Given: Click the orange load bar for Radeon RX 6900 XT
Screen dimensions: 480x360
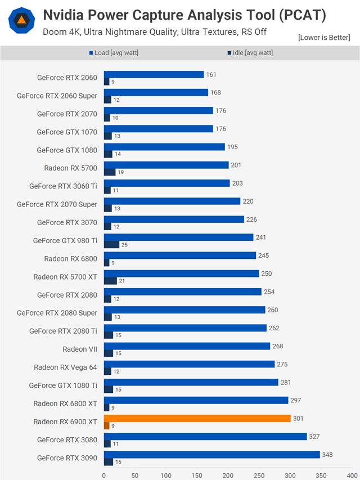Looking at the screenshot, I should (197, 418).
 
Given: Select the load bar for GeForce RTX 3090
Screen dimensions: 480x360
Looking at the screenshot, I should (211, 454).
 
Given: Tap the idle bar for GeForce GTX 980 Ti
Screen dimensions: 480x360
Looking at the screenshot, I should (111, 244).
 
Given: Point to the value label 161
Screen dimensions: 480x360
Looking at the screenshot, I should (211, 74).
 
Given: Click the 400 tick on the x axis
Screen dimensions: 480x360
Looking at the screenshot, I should (352, 474).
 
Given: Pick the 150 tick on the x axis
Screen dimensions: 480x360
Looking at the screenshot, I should (197, 474).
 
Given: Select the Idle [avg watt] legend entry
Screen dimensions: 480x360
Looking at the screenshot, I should (250, 53).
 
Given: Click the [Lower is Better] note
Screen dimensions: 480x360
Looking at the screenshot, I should (324, 38).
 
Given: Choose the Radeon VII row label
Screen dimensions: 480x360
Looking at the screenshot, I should (80, 349).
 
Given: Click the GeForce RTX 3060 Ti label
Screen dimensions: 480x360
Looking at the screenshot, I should (63, 186).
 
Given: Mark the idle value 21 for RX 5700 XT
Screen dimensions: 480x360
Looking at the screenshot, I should (121, 281).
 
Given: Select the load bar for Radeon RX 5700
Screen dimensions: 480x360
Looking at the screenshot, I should (166, 165).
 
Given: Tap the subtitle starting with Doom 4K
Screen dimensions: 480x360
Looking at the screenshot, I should (155, 32).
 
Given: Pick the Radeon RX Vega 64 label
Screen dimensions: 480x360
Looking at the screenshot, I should (65, 367).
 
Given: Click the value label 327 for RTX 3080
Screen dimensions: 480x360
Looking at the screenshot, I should (315, 436).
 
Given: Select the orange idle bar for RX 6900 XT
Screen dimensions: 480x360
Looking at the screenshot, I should (106, 425).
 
